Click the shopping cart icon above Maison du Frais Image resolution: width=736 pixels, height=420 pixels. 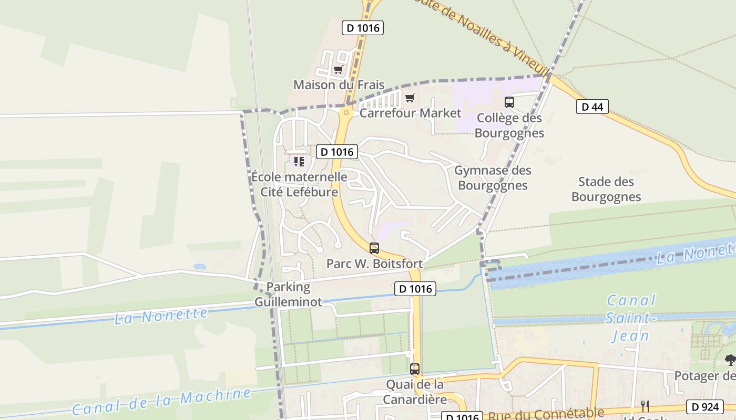(338, 69)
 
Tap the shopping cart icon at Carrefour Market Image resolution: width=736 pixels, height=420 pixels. (410, 98)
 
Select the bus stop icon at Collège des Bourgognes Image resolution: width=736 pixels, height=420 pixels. (509, 102)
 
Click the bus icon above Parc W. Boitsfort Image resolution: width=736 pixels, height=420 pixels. (374, 248)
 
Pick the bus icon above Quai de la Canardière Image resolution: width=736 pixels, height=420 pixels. (415, 369)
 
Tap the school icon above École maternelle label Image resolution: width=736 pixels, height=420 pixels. (299, 162)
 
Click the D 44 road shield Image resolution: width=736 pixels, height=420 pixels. (592, 107)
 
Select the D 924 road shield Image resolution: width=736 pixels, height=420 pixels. (704, 406)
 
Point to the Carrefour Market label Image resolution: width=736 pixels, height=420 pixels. (410, 113)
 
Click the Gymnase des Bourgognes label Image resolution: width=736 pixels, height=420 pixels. (493, 178)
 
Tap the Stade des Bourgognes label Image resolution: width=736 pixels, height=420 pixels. (606, 190)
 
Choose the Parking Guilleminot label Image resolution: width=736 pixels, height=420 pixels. (288, 295)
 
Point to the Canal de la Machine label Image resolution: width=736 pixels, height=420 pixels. (161, 401)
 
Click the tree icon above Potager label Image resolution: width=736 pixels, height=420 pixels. (730, 360)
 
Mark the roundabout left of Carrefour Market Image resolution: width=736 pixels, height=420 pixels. (346, 112)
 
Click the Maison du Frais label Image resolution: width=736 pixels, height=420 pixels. (339, 85)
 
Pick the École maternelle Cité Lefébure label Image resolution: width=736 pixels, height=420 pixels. (299, 184)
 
